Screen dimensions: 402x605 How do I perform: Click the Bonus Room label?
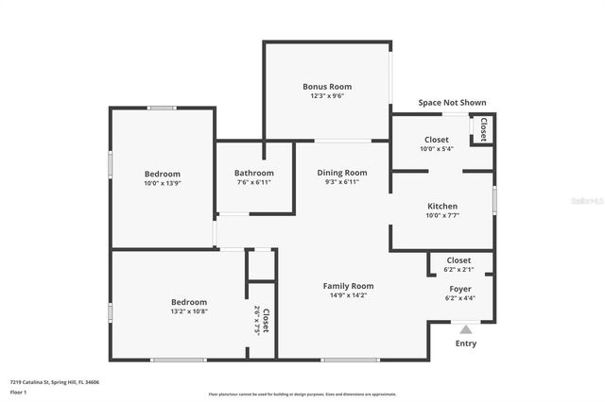click(x=327, y=86)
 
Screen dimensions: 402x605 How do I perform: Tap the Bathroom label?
click(x=254, y=173)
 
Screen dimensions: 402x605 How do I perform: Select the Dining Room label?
click(x=342, y=173)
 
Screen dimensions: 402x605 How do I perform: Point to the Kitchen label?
click(x=442, y=206)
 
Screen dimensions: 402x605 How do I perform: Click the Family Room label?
click(x=349, y=286)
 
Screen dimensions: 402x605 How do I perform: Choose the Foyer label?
click(x=460, y=289)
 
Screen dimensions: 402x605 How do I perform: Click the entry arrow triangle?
click(x=466, y=329)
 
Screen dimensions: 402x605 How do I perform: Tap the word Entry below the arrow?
click(x=466, y=343)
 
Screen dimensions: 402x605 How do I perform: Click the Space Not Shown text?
click(x=453, y=103)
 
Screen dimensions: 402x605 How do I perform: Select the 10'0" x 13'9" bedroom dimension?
click(x=163, y=183)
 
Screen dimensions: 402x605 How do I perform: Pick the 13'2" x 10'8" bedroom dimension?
click(x=163, y=311)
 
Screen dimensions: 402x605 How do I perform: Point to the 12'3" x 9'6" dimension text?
click(x=327, y=95)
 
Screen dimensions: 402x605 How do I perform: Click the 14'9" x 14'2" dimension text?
click(x=349, y=295)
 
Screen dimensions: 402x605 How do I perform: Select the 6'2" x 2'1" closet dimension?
click(x=458, y=269)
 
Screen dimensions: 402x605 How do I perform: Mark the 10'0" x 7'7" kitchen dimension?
click(x=442, y=215)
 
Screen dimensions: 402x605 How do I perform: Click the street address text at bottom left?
click(x=56, y=382)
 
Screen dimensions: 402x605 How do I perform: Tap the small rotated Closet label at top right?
click(x=483, y=129)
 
